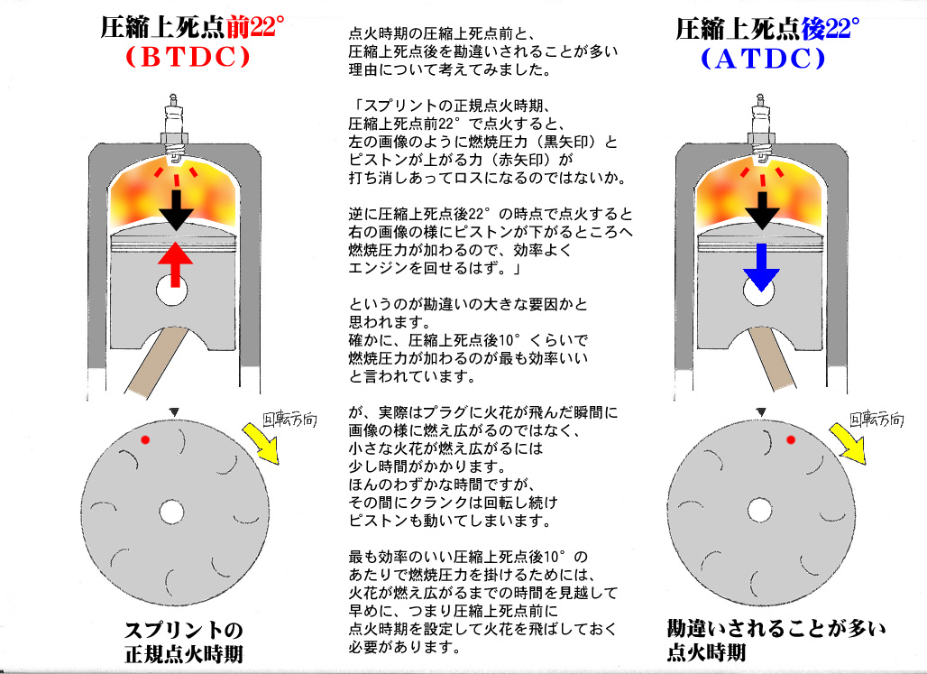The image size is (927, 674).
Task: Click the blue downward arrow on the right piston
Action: click(760, 268)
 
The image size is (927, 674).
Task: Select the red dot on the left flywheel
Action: click(145, 439)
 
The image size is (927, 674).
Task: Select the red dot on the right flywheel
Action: click(791, 439)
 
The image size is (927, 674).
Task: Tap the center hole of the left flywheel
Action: click(171, 512)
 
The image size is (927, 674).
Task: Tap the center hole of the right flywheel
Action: click(761, 512)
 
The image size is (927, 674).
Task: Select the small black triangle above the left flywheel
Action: click(171, 411)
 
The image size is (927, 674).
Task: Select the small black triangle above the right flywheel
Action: click(762, 411)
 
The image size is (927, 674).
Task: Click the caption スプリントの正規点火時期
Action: click(183, 641)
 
